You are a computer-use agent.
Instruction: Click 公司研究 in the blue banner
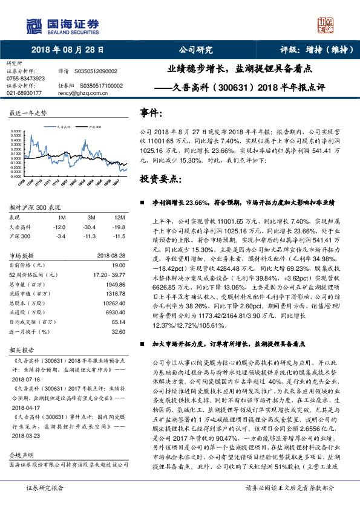pos(196,50)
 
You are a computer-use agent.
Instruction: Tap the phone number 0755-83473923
pos(25,79)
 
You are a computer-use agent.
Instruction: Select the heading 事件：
pos(151,113)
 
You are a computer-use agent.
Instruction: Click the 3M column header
pos(91,217)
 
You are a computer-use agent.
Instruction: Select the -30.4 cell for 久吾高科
pos(91,226)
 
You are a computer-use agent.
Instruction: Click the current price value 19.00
pos(119,265)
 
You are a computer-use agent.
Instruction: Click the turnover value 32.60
pos(119,331)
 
